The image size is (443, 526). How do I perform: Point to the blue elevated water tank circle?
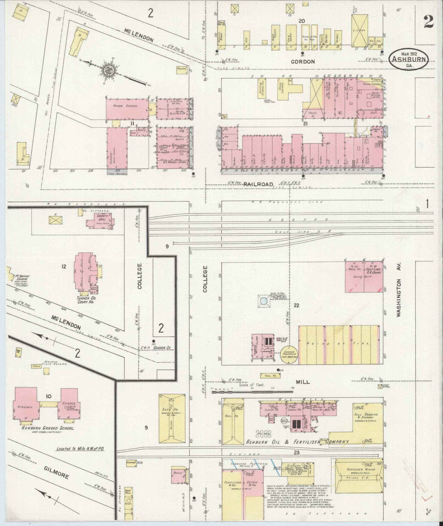263,301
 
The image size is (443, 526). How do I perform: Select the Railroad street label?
258,184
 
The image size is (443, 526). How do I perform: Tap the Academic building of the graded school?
26,407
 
